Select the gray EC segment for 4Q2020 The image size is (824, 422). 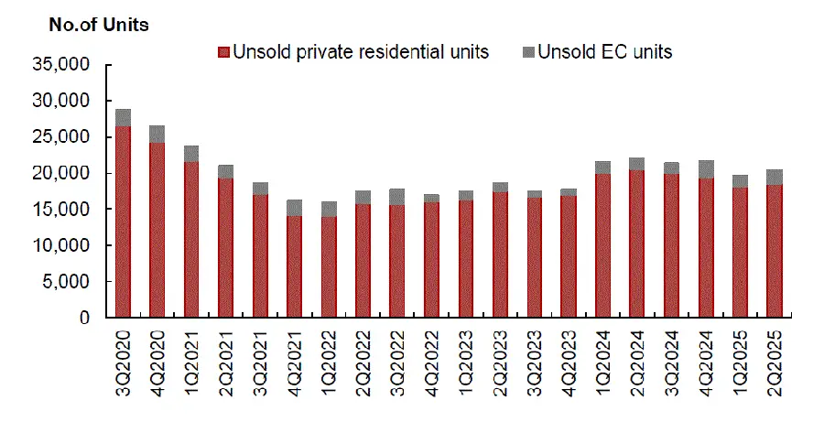tap(157, 134)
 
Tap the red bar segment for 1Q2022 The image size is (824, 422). tap(329, 266)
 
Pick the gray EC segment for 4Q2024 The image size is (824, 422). tap(706, 169)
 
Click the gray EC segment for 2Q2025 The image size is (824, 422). tap(775, 178)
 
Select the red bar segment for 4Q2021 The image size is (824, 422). tap(295, 266)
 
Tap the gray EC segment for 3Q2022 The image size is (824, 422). tap(397, 197)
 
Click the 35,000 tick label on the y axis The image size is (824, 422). tap(60, 65)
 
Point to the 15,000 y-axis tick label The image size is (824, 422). tap(60, 210)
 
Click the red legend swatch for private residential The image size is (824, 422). tap(223, 52)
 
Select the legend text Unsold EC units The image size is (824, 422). tap(604, 52)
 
